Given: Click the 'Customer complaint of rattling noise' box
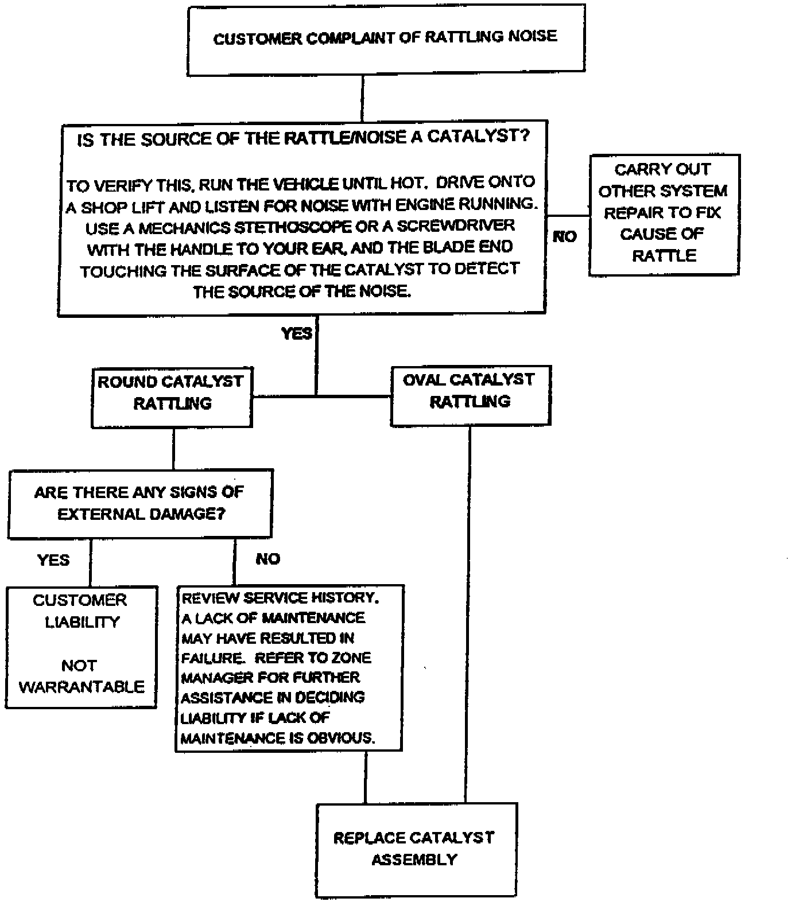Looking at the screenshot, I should [x=386, y=38].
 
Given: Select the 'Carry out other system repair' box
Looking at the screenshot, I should [x=664, y=213].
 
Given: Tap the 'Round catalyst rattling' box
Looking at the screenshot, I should [x=172, y=397].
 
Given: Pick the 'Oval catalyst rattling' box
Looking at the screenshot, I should [x=470, y=395].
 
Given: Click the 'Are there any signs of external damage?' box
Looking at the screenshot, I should [x=139, y=503].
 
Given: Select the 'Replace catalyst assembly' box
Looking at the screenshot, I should [x=416, y=849].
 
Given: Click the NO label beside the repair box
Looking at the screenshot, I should [x=564, y=236].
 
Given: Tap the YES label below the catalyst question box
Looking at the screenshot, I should [x=297, y=333].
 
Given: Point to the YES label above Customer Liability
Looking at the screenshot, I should [x=53, y=559].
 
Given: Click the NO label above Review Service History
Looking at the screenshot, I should [x=267, y=559].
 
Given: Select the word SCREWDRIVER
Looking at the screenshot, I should [x=456, y=226].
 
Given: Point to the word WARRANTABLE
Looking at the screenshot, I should [x=82, y=687].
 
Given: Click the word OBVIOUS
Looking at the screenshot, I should [x=341, y=738].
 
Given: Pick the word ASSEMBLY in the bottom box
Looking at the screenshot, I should [x=414, y=860].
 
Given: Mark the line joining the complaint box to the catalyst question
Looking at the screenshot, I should [x=363, y=97].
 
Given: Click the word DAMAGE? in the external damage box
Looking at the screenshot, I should [x=183, y=514].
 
